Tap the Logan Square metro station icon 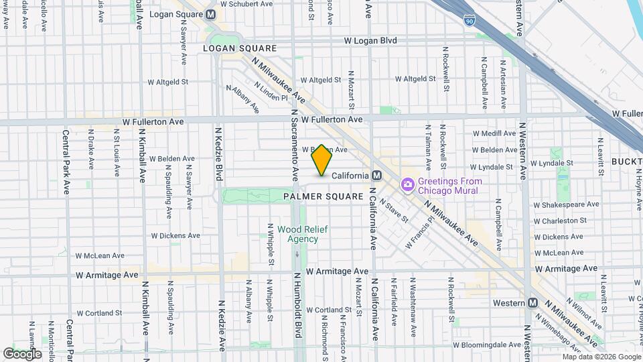[x=211, y=14]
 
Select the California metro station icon [x=376, y=175]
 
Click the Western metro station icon [x=532, y=302]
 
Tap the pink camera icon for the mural [x=407, y=184]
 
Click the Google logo [x=22, y=353]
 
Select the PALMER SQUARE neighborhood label [x=323, y=196]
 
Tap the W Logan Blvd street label [x=370, y=41]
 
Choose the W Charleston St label [x=561, y=221]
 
